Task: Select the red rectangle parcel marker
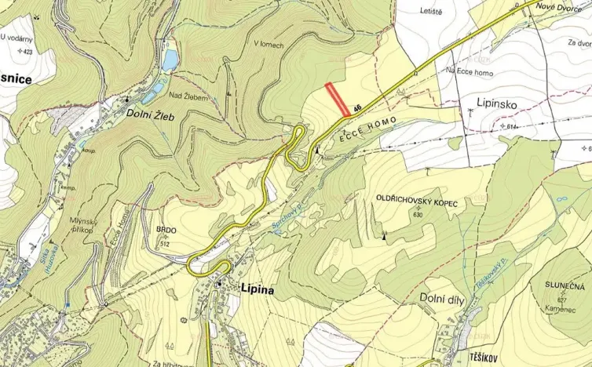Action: click(x=338, y=100)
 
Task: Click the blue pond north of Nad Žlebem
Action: click(x=170, y=60)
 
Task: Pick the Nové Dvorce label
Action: click(x=558, y=7)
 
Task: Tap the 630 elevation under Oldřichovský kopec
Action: click(x=416, y=215)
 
